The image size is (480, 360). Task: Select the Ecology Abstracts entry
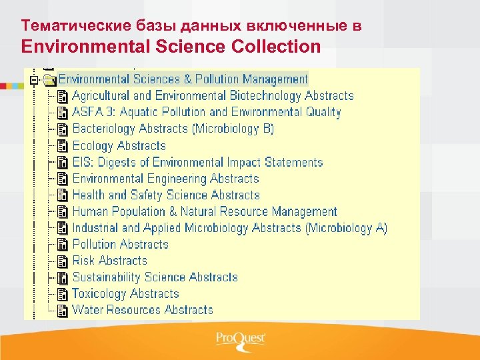click(x=119, y=145)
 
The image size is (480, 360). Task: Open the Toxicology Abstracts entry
click(x=125, y=293)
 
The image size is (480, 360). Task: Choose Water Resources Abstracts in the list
click(x=143, y=310)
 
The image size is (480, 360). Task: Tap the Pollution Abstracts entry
click(x=120, y=244)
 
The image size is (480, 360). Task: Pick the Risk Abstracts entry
click(x=109, y=261)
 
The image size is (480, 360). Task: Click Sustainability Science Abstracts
click(x=155, y=277)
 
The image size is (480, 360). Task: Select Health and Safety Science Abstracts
click(x=165, y=195)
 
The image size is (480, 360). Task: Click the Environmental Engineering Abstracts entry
click(x=165, y=179)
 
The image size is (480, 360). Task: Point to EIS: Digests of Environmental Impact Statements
click(x=197, y=162)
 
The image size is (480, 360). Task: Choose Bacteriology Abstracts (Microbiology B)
click(x=173, y=129)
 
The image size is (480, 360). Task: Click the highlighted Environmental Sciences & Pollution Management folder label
click(x=183, y=79)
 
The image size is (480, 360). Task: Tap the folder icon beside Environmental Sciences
click(x=49, y=80)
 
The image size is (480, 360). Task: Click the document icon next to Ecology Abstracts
click(x=63, y=145)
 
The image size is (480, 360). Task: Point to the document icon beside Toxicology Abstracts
click(x=63, y=293)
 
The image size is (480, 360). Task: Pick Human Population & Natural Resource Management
click(x=205, y=211)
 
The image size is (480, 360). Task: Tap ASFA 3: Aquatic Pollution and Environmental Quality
click(x=207, y=112)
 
